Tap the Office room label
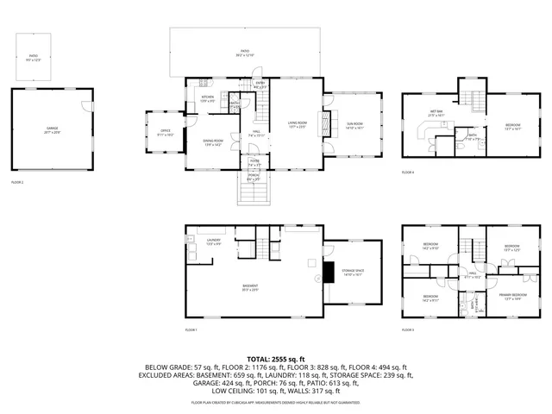(x=165, y=133)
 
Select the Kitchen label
(x=207, y=98)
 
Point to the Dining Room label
(x=212, y=142)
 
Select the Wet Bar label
(x=436, y=113)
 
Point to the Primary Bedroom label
(x=514, y=296)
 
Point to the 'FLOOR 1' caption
(x=191, y=330)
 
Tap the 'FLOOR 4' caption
(x=408, y=173)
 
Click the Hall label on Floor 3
(x=473, y=276)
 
